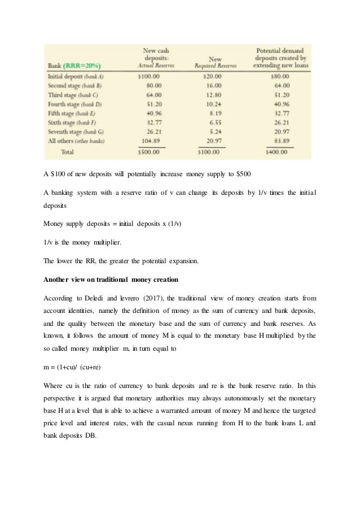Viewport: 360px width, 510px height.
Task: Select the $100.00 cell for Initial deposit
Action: pyautogui.click(x=150, y=76)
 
